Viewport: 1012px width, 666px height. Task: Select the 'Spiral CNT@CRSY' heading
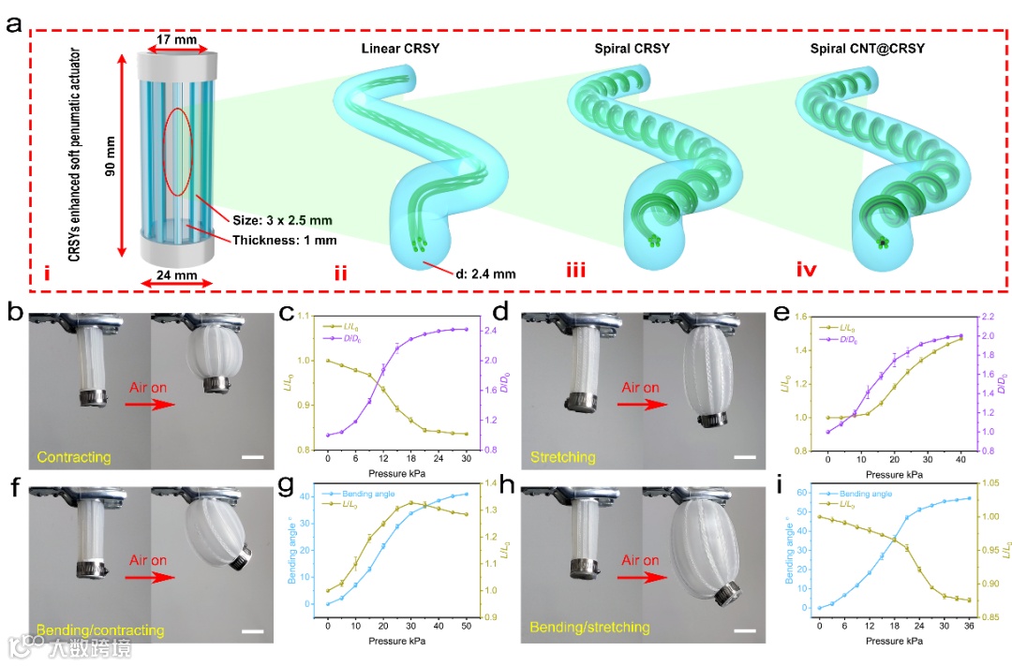coord(861,48)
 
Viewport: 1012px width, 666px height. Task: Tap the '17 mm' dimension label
coord(176,39)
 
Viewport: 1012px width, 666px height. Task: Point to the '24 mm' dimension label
coord(176,277)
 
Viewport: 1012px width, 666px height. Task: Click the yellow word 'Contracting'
coord(74,457)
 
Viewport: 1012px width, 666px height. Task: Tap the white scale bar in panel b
coord(252,458)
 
